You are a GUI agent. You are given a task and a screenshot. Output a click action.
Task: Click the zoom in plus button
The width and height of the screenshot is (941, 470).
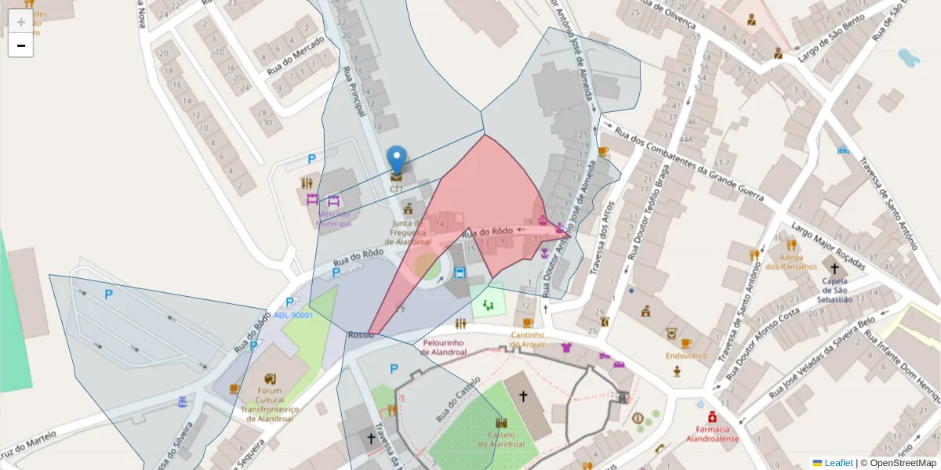21,21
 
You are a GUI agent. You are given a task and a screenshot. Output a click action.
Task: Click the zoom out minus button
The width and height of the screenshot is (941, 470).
21,45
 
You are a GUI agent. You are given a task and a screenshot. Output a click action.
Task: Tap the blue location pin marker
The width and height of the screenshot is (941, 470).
398,159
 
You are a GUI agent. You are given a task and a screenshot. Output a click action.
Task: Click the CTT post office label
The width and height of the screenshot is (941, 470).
397,189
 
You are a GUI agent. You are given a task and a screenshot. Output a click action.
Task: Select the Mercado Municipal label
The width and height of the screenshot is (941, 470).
333,219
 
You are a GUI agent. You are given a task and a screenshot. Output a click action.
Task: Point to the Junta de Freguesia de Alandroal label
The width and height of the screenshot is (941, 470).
408,232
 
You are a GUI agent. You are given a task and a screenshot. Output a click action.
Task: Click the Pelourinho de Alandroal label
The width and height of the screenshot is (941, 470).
444,347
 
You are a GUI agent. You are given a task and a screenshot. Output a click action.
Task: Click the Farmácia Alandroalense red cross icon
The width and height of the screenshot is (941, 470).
712,416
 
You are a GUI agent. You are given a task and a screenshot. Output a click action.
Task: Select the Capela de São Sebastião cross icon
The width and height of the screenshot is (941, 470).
834,269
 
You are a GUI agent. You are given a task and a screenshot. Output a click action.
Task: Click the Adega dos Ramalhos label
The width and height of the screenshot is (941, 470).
786,262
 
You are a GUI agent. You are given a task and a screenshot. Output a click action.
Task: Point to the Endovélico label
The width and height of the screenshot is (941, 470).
686,356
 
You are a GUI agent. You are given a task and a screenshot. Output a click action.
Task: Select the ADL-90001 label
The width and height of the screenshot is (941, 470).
293,316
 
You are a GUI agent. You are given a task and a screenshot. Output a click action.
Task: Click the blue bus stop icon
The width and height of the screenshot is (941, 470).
460,273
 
